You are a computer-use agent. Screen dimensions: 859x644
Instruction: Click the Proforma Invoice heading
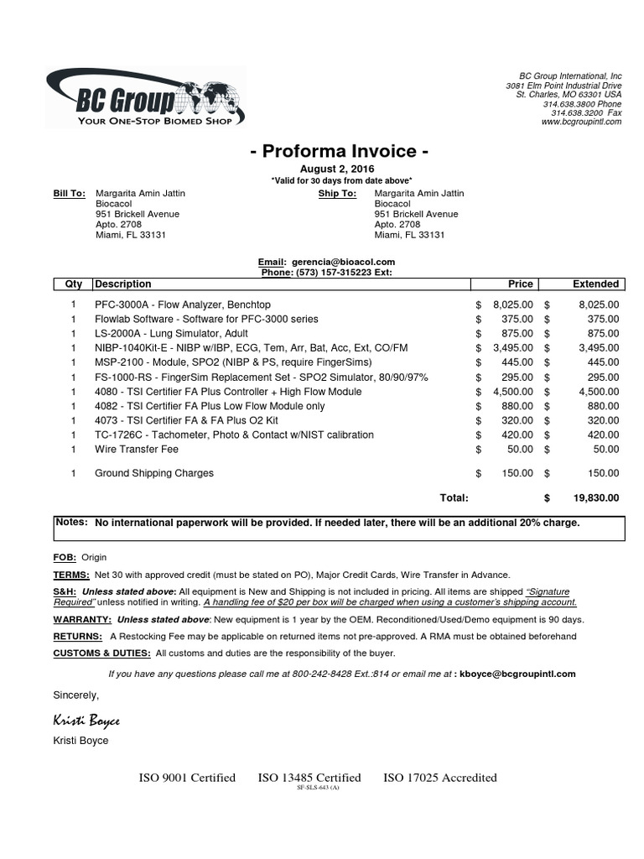coord(340,152)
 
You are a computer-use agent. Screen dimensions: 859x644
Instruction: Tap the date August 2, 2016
coord(340,169)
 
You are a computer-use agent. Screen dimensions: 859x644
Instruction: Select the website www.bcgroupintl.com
coord(581,122)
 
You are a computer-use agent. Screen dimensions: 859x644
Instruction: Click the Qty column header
coord(74,284)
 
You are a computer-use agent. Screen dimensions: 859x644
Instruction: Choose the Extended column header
coord(595,284)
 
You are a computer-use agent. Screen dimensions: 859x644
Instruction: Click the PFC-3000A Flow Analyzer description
coord(183,305)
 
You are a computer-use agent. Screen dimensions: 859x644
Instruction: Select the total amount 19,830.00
coord(596,497)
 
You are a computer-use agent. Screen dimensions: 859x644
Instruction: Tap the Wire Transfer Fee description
coord(137,450)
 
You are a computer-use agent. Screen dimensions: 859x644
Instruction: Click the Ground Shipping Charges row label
coord(154,473)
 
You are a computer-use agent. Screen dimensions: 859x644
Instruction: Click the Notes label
coord(71,522)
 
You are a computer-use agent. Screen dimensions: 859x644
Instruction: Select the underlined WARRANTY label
coord(81,620)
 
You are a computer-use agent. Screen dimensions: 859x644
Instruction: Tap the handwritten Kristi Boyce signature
coord(86,721)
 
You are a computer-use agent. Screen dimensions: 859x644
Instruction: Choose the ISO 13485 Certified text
coord(309,778)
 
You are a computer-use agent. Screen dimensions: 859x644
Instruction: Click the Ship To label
coord(337,194)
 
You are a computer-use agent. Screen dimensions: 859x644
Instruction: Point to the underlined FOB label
coord(65,557)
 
